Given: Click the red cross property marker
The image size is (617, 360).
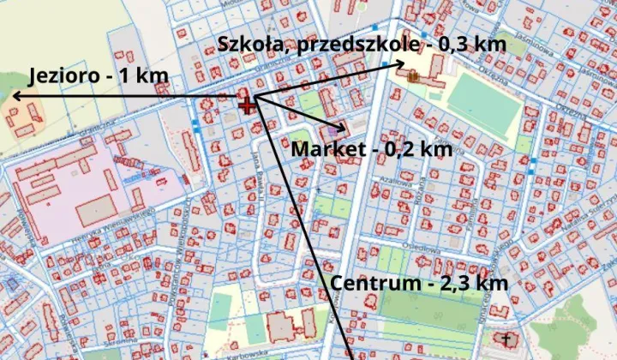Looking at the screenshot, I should tap(248, 105).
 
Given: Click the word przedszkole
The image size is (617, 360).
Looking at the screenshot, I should tap(356, 44).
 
